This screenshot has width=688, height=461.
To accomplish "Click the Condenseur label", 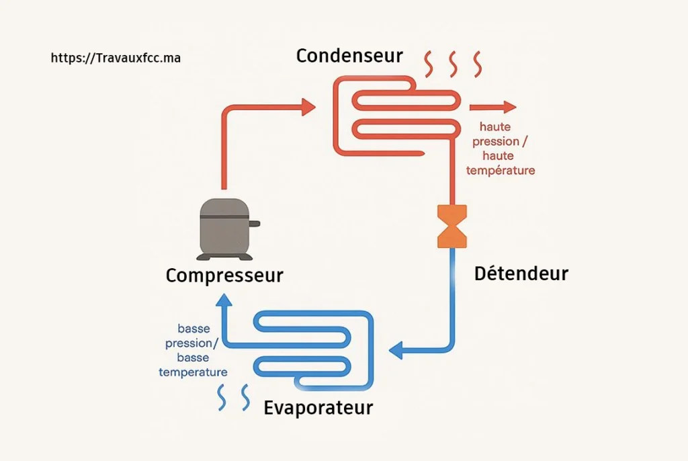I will click(349, 56).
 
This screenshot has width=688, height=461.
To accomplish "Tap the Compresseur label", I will click(224, 276).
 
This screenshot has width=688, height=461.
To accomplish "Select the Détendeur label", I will click(521, 274).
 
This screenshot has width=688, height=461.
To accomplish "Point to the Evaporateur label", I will click(318, 408).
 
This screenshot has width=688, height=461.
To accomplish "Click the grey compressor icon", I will click(226, 229).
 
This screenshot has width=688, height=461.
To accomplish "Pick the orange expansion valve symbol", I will click(451, 226).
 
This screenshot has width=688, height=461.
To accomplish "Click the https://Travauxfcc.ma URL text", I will click(116, 58).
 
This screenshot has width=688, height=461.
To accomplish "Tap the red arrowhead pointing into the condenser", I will click(308, 106).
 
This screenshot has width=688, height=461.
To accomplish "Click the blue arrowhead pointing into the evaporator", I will click(396, 349).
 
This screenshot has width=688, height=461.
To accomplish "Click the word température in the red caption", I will click(501, 171).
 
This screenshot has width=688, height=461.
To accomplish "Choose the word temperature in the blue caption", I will click(193, 372).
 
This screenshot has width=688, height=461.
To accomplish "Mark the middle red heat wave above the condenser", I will click(453, 65).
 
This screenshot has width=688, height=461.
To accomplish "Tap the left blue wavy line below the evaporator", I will click(222, 397).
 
